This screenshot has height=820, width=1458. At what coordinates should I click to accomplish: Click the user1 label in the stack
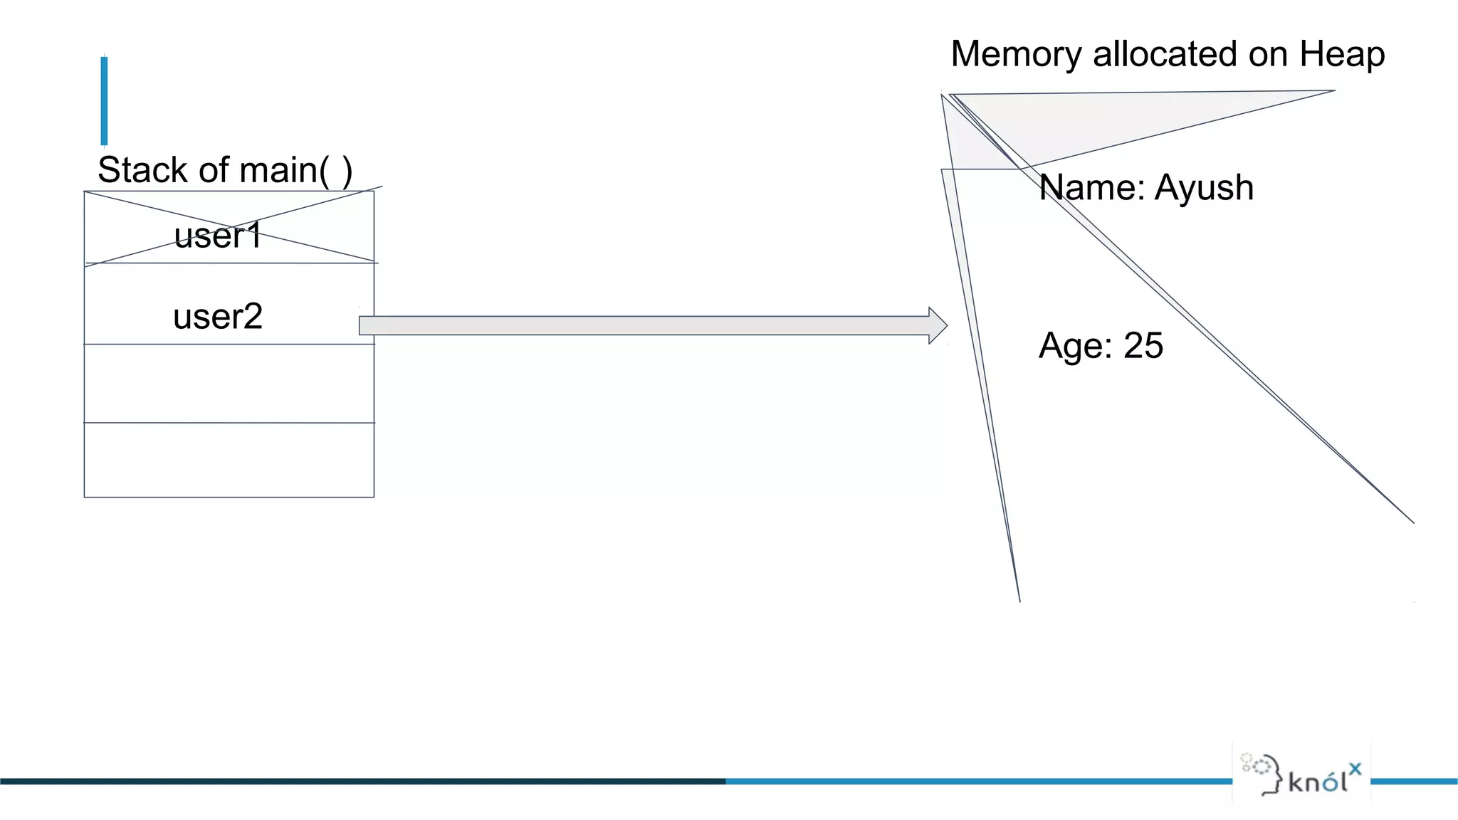(218, 236)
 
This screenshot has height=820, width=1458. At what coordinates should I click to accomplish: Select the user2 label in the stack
(218, 316)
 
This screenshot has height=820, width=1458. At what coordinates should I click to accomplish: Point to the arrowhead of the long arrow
(938, 326)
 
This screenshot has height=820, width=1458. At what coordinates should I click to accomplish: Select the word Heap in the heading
(1342, 55)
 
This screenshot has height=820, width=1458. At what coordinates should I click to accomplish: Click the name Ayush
(1204, 188)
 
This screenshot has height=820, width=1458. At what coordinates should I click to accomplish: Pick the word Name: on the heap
(1091, 188)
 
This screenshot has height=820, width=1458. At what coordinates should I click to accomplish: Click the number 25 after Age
(1143, 346)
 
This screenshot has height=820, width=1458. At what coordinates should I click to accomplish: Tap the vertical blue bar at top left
(104, 100)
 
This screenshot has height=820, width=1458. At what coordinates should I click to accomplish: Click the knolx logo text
(1317, 782)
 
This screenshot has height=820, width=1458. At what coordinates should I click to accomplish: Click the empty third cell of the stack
(229, 384)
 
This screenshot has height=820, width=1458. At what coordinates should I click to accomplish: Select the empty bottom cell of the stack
(229, 460)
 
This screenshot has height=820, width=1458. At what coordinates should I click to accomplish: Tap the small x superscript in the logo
(1355, 768)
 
